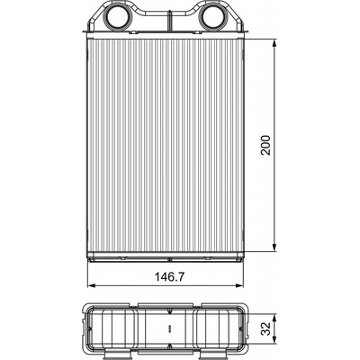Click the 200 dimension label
coord(265,145)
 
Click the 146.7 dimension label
coord(169,276)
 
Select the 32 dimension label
coord(265,328)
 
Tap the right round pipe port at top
coord(213,16)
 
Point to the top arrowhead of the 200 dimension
coord(274,44)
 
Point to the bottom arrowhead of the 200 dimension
coord(274,247)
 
